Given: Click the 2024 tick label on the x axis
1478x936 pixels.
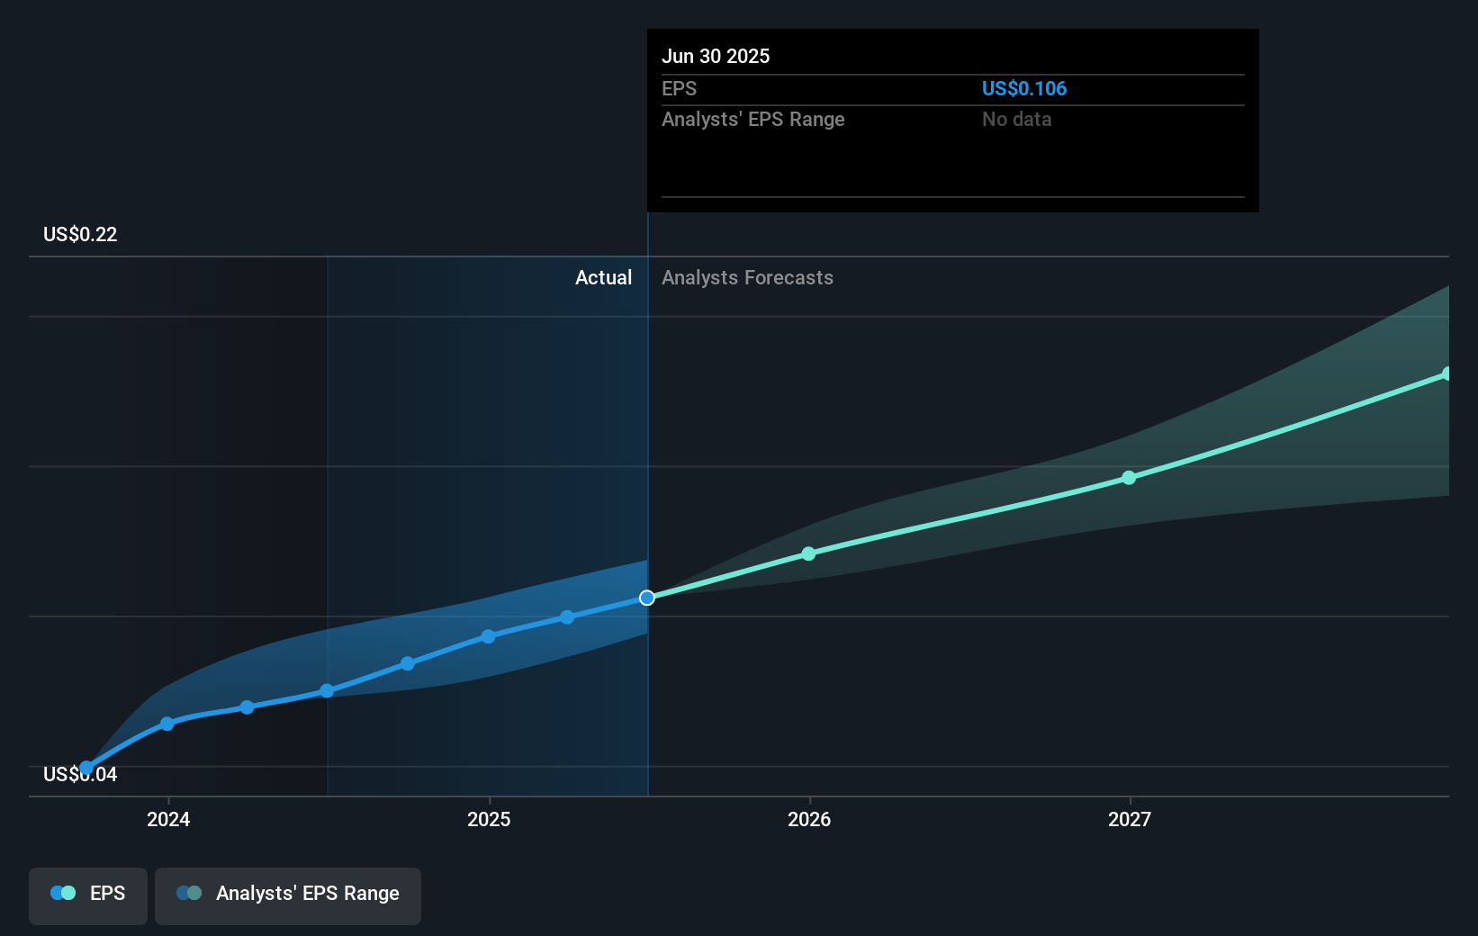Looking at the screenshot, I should [x=168, y=819].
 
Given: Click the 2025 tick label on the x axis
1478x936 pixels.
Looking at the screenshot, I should [x=489, y=819].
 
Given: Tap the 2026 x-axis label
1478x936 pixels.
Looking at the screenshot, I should [x=809, y=819].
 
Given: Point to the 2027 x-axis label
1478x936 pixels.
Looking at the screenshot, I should [x=1130, y=819].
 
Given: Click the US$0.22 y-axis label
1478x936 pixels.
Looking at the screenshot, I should [x=80, y=235].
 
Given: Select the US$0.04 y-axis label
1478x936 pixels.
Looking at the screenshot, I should [x=80, y=775].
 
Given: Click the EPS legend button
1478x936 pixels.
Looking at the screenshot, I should [x=88, y=894].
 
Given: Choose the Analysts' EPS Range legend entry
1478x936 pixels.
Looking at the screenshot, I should [x=288, y=894].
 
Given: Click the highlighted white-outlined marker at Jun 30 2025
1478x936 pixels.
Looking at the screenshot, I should [x=647, y=598].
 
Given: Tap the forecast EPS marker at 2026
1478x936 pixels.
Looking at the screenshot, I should [x=808, y=553].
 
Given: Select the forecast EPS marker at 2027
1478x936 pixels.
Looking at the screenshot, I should [x=1129, y=478].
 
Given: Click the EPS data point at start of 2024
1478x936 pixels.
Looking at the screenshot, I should [x=167, y=724].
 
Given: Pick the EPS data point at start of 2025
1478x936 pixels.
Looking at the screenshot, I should [x=488, y=636].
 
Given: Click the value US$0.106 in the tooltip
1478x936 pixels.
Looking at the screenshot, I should [x=1023, y=89].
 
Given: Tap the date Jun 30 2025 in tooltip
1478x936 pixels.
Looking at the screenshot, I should [x=716, y=56].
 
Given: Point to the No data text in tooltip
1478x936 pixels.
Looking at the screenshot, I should [x=1016, y=120].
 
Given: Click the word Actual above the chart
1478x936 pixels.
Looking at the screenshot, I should [x=603, y=278].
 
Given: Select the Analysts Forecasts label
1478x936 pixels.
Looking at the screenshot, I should [x=747, y=278].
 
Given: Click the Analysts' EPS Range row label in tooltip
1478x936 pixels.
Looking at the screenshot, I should [x=753, y=120].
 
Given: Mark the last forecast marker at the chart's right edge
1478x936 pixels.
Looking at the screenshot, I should [x=1446, y=373].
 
